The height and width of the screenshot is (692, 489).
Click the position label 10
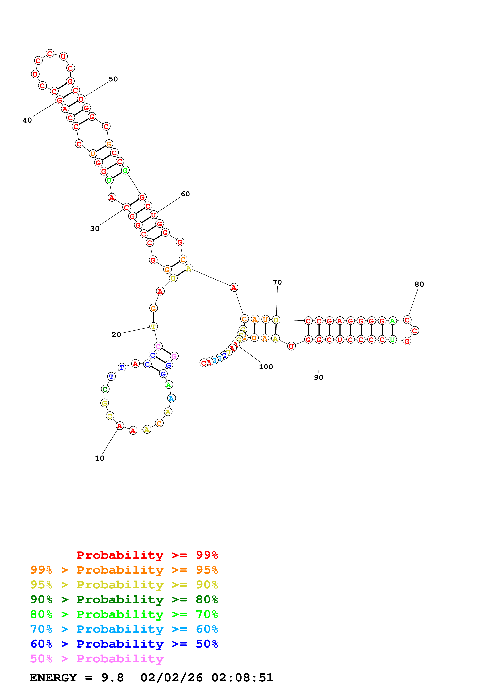(x=99, y=458)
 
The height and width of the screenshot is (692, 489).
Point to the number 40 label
(x=27, y=120)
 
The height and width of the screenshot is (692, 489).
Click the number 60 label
(x=185, y=194)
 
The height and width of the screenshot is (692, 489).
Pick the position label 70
(x=277, y=282)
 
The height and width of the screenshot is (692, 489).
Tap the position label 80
(x=419, y=284)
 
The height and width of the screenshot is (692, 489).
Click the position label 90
(x=318, y=378)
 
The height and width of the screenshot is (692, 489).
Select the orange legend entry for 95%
(x=124, y=570)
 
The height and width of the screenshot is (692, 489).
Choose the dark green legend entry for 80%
(x=124, y=599)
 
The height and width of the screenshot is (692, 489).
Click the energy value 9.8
(x=112, y=678)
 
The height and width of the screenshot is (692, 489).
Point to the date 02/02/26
(x=171, y=678)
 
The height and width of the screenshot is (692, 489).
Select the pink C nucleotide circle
(x=158, y=346)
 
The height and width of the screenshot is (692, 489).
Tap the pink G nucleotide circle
(x=174, y=356)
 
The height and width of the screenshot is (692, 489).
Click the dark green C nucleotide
(x=105, y=389)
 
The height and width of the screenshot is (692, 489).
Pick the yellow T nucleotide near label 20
(x=153, y=327)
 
